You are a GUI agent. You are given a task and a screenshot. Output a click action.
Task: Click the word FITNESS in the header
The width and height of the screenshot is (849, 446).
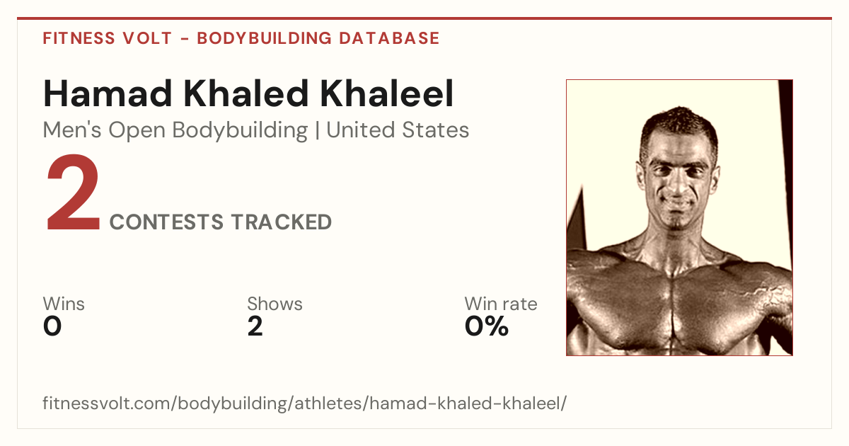pos(79,38)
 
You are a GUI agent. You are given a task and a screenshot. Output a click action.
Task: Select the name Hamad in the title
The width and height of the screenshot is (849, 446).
pos(108,93)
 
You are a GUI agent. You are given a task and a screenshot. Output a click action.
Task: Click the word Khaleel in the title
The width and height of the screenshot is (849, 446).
pos(387,93)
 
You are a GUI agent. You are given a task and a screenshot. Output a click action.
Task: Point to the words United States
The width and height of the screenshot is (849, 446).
pos(398,130)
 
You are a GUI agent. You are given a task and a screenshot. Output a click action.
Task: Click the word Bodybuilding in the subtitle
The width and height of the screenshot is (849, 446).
pos(240,130)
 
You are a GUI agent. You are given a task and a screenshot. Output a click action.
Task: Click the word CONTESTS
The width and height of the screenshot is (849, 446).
pos(167,222)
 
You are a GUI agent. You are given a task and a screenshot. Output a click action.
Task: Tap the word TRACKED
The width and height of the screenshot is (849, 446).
pos(282,222)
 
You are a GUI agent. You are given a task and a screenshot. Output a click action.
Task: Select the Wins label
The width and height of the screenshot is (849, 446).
pos(64,304)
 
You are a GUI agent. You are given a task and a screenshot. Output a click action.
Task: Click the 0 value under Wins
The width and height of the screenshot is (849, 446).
pos(52,326)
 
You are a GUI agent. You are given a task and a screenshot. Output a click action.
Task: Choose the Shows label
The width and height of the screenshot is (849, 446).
pos(275,304)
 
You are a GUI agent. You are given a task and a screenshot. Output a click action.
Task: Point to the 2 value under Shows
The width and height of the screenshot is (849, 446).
pos(255,326)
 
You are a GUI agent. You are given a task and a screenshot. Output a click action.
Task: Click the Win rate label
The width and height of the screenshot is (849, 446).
pos(501,304)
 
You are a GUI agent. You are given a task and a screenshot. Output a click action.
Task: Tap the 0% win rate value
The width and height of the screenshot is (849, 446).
pos(487,326)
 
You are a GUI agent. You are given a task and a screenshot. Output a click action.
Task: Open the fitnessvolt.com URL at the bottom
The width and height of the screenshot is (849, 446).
pos(305,403)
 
